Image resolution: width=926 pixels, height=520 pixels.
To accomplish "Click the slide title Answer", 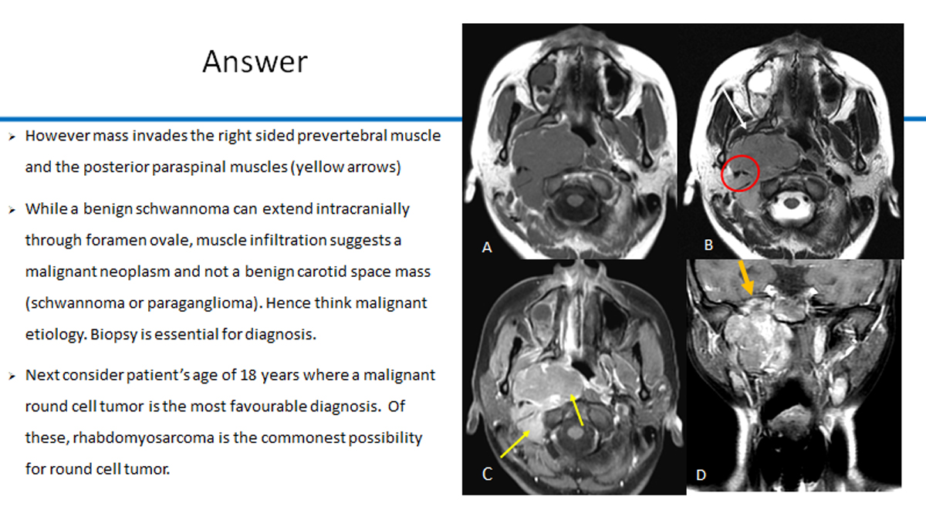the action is pyautogui.click(x=255, y=62).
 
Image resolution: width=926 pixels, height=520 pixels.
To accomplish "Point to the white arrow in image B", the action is pyautogui.click(x=734, y=109).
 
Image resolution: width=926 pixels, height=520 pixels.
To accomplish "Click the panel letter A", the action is pyautogui.click(x=487, y=248).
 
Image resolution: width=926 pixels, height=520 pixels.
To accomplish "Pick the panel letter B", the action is pyautogui.click(x=708, y=245).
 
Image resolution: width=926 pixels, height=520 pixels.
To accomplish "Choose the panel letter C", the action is pyautogui.click(x=488, y=474).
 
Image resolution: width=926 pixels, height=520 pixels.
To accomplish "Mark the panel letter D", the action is pyautogui.click(x=701, y=475).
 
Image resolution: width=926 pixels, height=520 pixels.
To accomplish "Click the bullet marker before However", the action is pyautogui.click(x=12, y=137).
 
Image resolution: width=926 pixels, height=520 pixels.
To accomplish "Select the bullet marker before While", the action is pyautogui.click(x=12, y=210).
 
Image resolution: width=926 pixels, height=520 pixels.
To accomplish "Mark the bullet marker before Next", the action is pyautogui.click(x=12, y=376).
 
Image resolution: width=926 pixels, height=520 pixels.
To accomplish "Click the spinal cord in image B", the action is pyautogui.click(x=791, y=204).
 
